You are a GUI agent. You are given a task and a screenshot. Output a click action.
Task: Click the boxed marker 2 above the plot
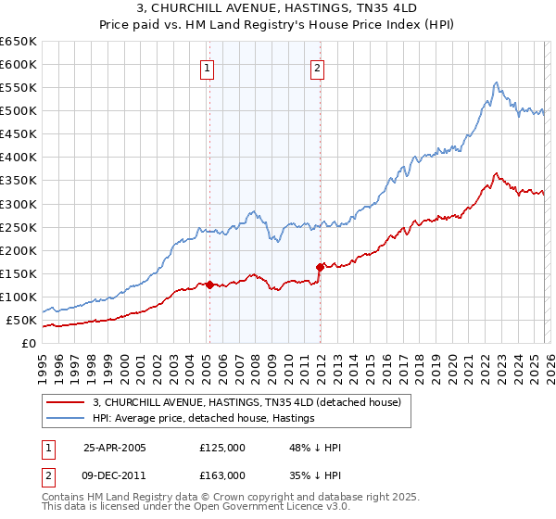[x=317, y=68]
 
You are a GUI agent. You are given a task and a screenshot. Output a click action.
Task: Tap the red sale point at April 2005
[x=209, y=285]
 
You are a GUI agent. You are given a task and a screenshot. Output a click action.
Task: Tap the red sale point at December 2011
[x=320, y=267]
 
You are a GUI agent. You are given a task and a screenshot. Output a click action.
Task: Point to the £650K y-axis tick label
[x=19, y=42]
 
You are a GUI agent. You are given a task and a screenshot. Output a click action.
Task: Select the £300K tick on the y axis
[x=19, y=204]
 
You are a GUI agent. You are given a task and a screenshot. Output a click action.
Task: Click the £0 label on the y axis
[x=29, y=343]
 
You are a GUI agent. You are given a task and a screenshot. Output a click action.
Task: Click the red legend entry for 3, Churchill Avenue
[x=246, y=402]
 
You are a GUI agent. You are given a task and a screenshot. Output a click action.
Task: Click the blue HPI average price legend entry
[x=203, y=419]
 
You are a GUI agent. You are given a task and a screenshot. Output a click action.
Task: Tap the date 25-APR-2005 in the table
[x=115, y=448]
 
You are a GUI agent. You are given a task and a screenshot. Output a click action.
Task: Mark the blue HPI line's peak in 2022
[x=497, y=82]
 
